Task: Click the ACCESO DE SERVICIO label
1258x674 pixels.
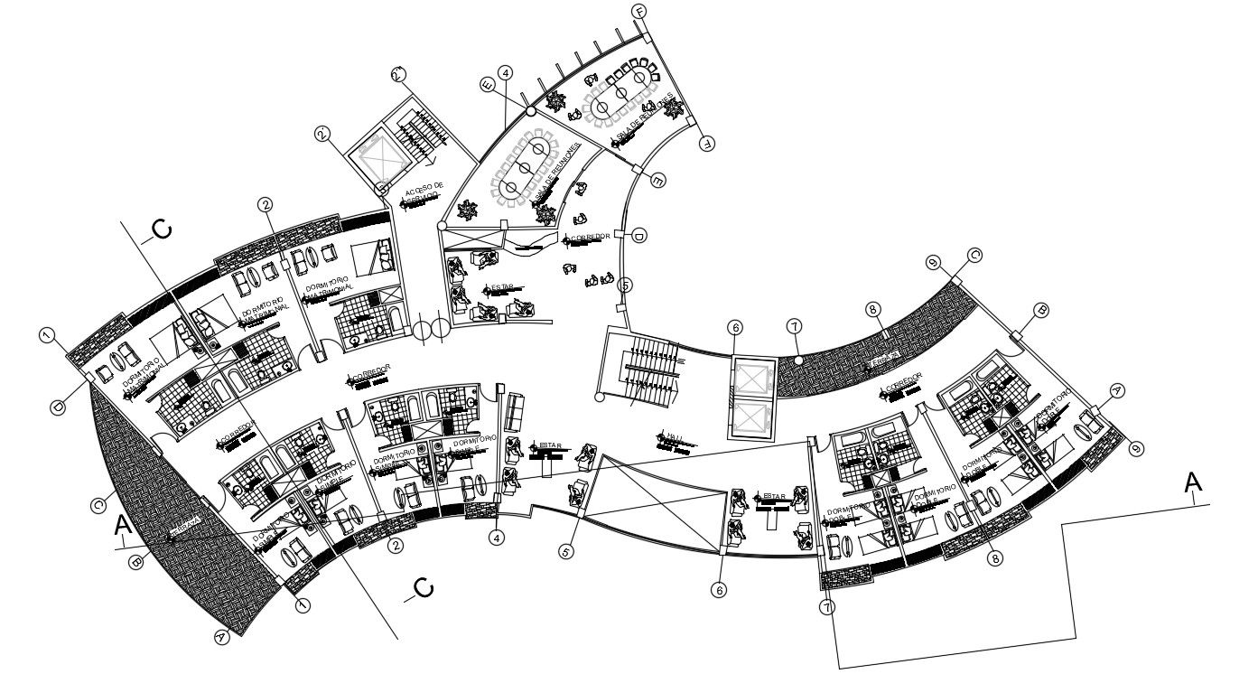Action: pyautogui.click(x=424, y=194)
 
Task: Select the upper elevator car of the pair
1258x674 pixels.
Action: pyautogui.click(x=752, y=378)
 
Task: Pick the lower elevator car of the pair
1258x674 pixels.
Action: pyautogui.click(x=752, y=418)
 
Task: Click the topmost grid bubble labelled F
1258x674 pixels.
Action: pyautogui.click(x=640, y=12)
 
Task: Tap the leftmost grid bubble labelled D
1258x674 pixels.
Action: pyautogui.click(x=58, y=408)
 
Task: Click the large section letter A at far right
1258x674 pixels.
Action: pyautogui.click(x=1194, y=484)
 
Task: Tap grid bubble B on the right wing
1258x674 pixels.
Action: pyautogui.click(x=1041, y=310)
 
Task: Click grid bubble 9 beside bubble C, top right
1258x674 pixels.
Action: pyautogui.click(x=934, y=263)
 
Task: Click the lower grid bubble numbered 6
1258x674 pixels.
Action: pyautogui.click(x=719, y=590)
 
